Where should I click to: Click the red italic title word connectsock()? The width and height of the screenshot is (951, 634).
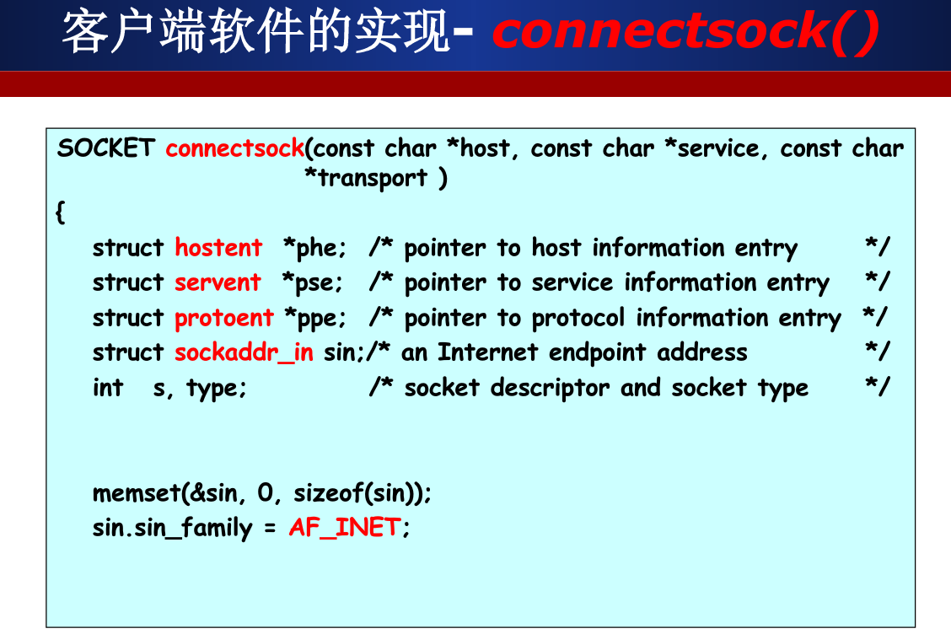pyautogui.click(x=685, y=32)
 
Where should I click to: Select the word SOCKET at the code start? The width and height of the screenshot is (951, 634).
pyautogui.click(x=105, y=148)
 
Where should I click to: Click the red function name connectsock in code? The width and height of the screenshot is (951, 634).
pyautogui.click(x=234, y=148)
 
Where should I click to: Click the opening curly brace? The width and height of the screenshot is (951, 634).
pyautogui.click(x=60, y=212)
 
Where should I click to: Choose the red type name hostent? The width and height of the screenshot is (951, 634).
pyautogui.click(x=218, y=248)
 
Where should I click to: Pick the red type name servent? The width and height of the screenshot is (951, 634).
pyautogui.click(x=218, y=282)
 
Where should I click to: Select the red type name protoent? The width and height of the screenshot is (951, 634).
pyautogui.click(x=223, y=318)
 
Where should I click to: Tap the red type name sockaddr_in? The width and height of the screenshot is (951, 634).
pyautogui.click(x=244, y=352)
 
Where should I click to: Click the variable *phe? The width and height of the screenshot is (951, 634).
pyautogui.click(x=314, y=248)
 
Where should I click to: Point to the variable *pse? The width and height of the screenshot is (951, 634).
pyautogui.click(x=313, y=282)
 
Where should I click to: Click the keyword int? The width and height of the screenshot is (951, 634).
pyautogui.click(x=108, y=388)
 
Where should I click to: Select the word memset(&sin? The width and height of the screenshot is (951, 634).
pyautogui.click(x=164, y=492)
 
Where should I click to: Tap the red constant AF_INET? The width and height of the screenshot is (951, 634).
pyautogui.click(x=344, y=528)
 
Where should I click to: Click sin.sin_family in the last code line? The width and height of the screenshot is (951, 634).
pyautogui.click(x=172, y=529)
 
